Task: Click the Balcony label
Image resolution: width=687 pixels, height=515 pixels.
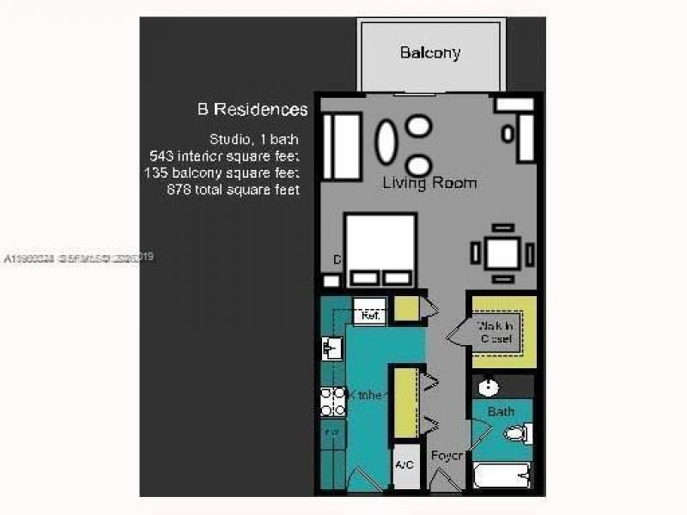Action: click(x=430, y=53)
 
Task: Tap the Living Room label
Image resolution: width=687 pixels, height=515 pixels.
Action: click(x=429, y=183)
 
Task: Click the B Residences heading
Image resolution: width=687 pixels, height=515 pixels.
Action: click(x=252, y=110)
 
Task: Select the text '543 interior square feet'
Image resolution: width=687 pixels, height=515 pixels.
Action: click(x=224, y=156)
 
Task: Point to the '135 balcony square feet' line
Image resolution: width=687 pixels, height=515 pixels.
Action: click(x=222, y=173)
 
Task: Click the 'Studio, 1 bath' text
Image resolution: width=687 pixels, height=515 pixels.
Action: click(x=254, y=139)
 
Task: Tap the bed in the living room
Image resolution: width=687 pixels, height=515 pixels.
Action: click(x=380, y=249)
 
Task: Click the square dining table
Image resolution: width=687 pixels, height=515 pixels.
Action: click(x=502, y=253)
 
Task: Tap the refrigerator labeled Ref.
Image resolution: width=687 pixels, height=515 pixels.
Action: click(x=370, y=315)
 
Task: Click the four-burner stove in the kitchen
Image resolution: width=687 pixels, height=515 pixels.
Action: click(x=333, y=401)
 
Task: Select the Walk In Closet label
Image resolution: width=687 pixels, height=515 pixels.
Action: click(x=496, y=332)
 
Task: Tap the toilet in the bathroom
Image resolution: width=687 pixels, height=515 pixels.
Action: click(x=518, y=434)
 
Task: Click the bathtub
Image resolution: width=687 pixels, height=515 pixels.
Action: click(x=502, y=475)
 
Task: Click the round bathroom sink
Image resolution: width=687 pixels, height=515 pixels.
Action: click(x=489, y=387)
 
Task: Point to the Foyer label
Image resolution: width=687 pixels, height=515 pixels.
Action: click(x=447, y=456)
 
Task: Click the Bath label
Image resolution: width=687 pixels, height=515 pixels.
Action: click(x=501, y=412)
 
